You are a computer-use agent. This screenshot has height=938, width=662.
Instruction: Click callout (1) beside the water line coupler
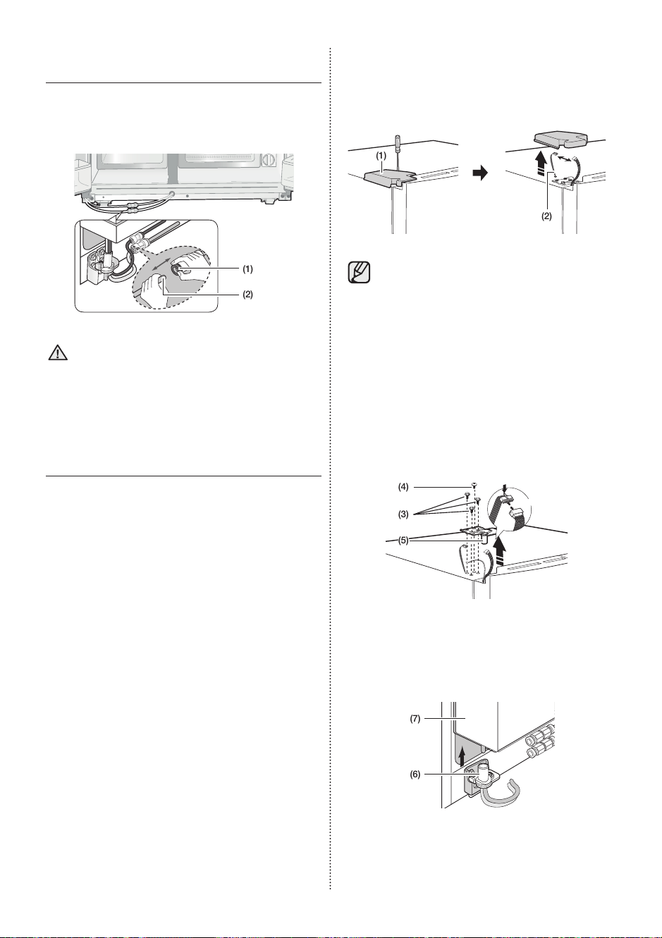click(x=247, y=269)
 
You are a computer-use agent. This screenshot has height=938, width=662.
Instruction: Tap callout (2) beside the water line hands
click(x=247, y=295)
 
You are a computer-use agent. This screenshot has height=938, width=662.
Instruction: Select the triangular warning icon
click(x=59, y=353)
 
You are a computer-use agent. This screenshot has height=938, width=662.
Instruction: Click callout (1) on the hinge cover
click(x=381, y=156)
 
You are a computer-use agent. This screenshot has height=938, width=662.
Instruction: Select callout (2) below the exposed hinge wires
click(x=547, y=216)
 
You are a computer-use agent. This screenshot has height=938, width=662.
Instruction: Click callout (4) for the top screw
click(x=403, y=487)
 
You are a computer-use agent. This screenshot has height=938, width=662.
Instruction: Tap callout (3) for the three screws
click(x=403, y=514)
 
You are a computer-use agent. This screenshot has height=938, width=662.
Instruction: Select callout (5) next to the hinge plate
click(x=403, y=541)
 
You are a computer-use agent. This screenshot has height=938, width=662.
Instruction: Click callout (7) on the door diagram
click(x=415, y=719)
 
